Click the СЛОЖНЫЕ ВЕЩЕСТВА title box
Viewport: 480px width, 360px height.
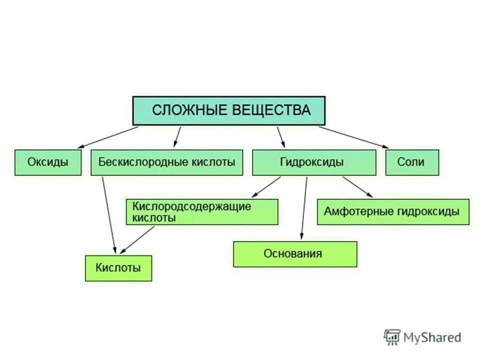228,110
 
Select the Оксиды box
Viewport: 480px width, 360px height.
48,162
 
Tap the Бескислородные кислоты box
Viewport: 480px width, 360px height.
166,162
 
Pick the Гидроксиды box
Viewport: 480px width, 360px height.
314,162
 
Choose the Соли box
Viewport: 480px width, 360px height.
412,162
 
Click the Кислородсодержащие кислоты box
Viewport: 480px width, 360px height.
202,212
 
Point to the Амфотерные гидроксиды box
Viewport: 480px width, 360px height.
393,212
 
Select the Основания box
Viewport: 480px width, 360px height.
295,254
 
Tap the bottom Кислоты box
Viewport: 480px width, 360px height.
118,268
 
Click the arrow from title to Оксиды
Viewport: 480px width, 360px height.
107,137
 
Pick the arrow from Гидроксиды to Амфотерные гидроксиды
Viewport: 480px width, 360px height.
357,187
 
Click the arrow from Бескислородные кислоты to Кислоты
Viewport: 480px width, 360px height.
109,215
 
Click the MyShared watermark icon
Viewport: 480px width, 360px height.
392,337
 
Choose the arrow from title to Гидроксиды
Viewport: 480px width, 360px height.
280,136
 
